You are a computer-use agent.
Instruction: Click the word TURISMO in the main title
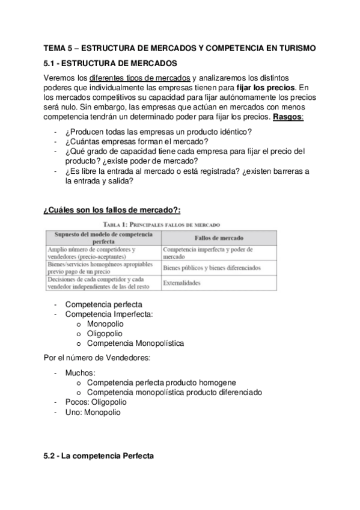[290, 48]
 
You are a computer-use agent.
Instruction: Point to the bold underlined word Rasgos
[288, 116]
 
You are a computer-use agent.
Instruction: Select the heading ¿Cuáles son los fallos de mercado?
[112, 209]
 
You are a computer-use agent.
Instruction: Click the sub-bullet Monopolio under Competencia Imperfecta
[105, 324]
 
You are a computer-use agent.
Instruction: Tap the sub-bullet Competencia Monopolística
[135, 343]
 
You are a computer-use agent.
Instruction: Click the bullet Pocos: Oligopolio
[96, 402]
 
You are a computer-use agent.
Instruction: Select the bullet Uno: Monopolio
[93, 413]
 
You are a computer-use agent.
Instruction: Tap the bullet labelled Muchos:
[80, 373]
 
